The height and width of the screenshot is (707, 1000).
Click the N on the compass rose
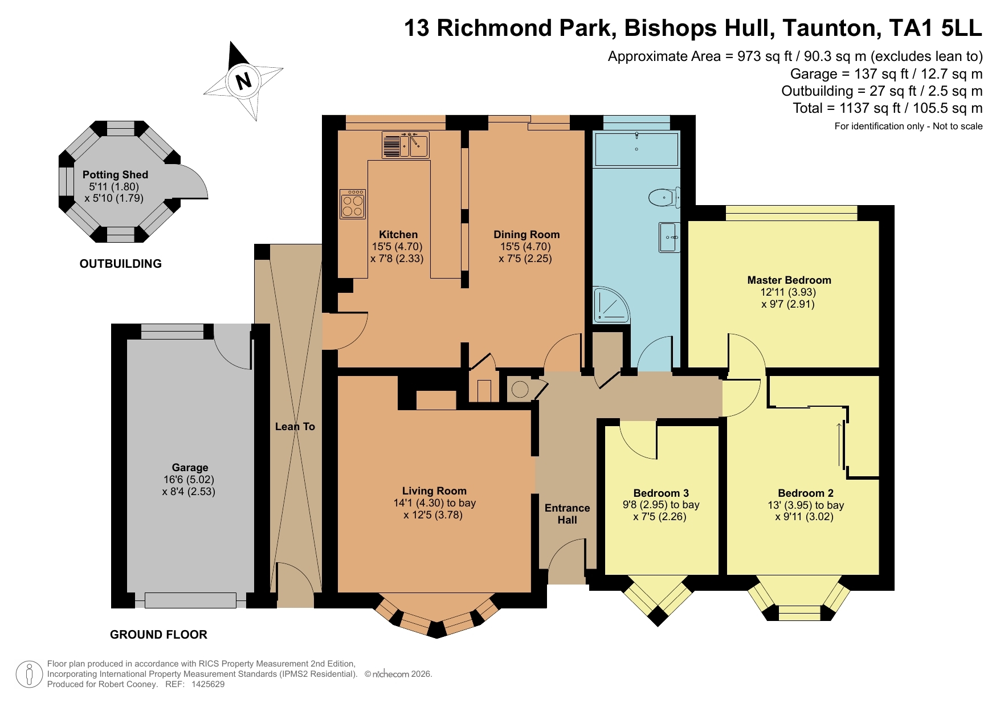(x=244, y=81)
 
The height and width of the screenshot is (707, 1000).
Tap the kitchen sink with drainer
(x=405, y=145)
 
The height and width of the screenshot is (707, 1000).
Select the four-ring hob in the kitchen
(x=353, y=204)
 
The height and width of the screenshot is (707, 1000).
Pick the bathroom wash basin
(x=670, y=237)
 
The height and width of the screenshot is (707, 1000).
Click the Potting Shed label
(x=115, y=175)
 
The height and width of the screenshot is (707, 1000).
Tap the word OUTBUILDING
(x=121, y=264)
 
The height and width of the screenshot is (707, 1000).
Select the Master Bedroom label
(x=789, y=280)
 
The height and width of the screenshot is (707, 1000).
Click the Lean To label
(x=295, y=427)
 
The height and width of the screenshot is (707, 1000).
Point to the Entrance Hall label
(x=568, y=514)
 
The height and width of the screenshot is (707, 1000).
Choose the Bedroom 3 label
(x=661, y=493)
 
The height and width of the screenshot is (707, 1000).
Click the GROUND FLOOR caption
(x=158, y=635)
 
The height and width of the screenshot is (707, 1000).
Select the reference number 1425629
(x=208, y=684)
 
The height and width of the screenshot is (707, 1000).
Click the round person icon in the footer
(x=29, y=675)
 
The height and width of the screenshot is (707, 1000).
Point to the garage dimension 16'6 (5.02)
(x=189, y=480)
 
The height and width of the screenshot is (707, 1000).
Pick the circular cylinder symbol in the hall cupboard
(x=520, y=390)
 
